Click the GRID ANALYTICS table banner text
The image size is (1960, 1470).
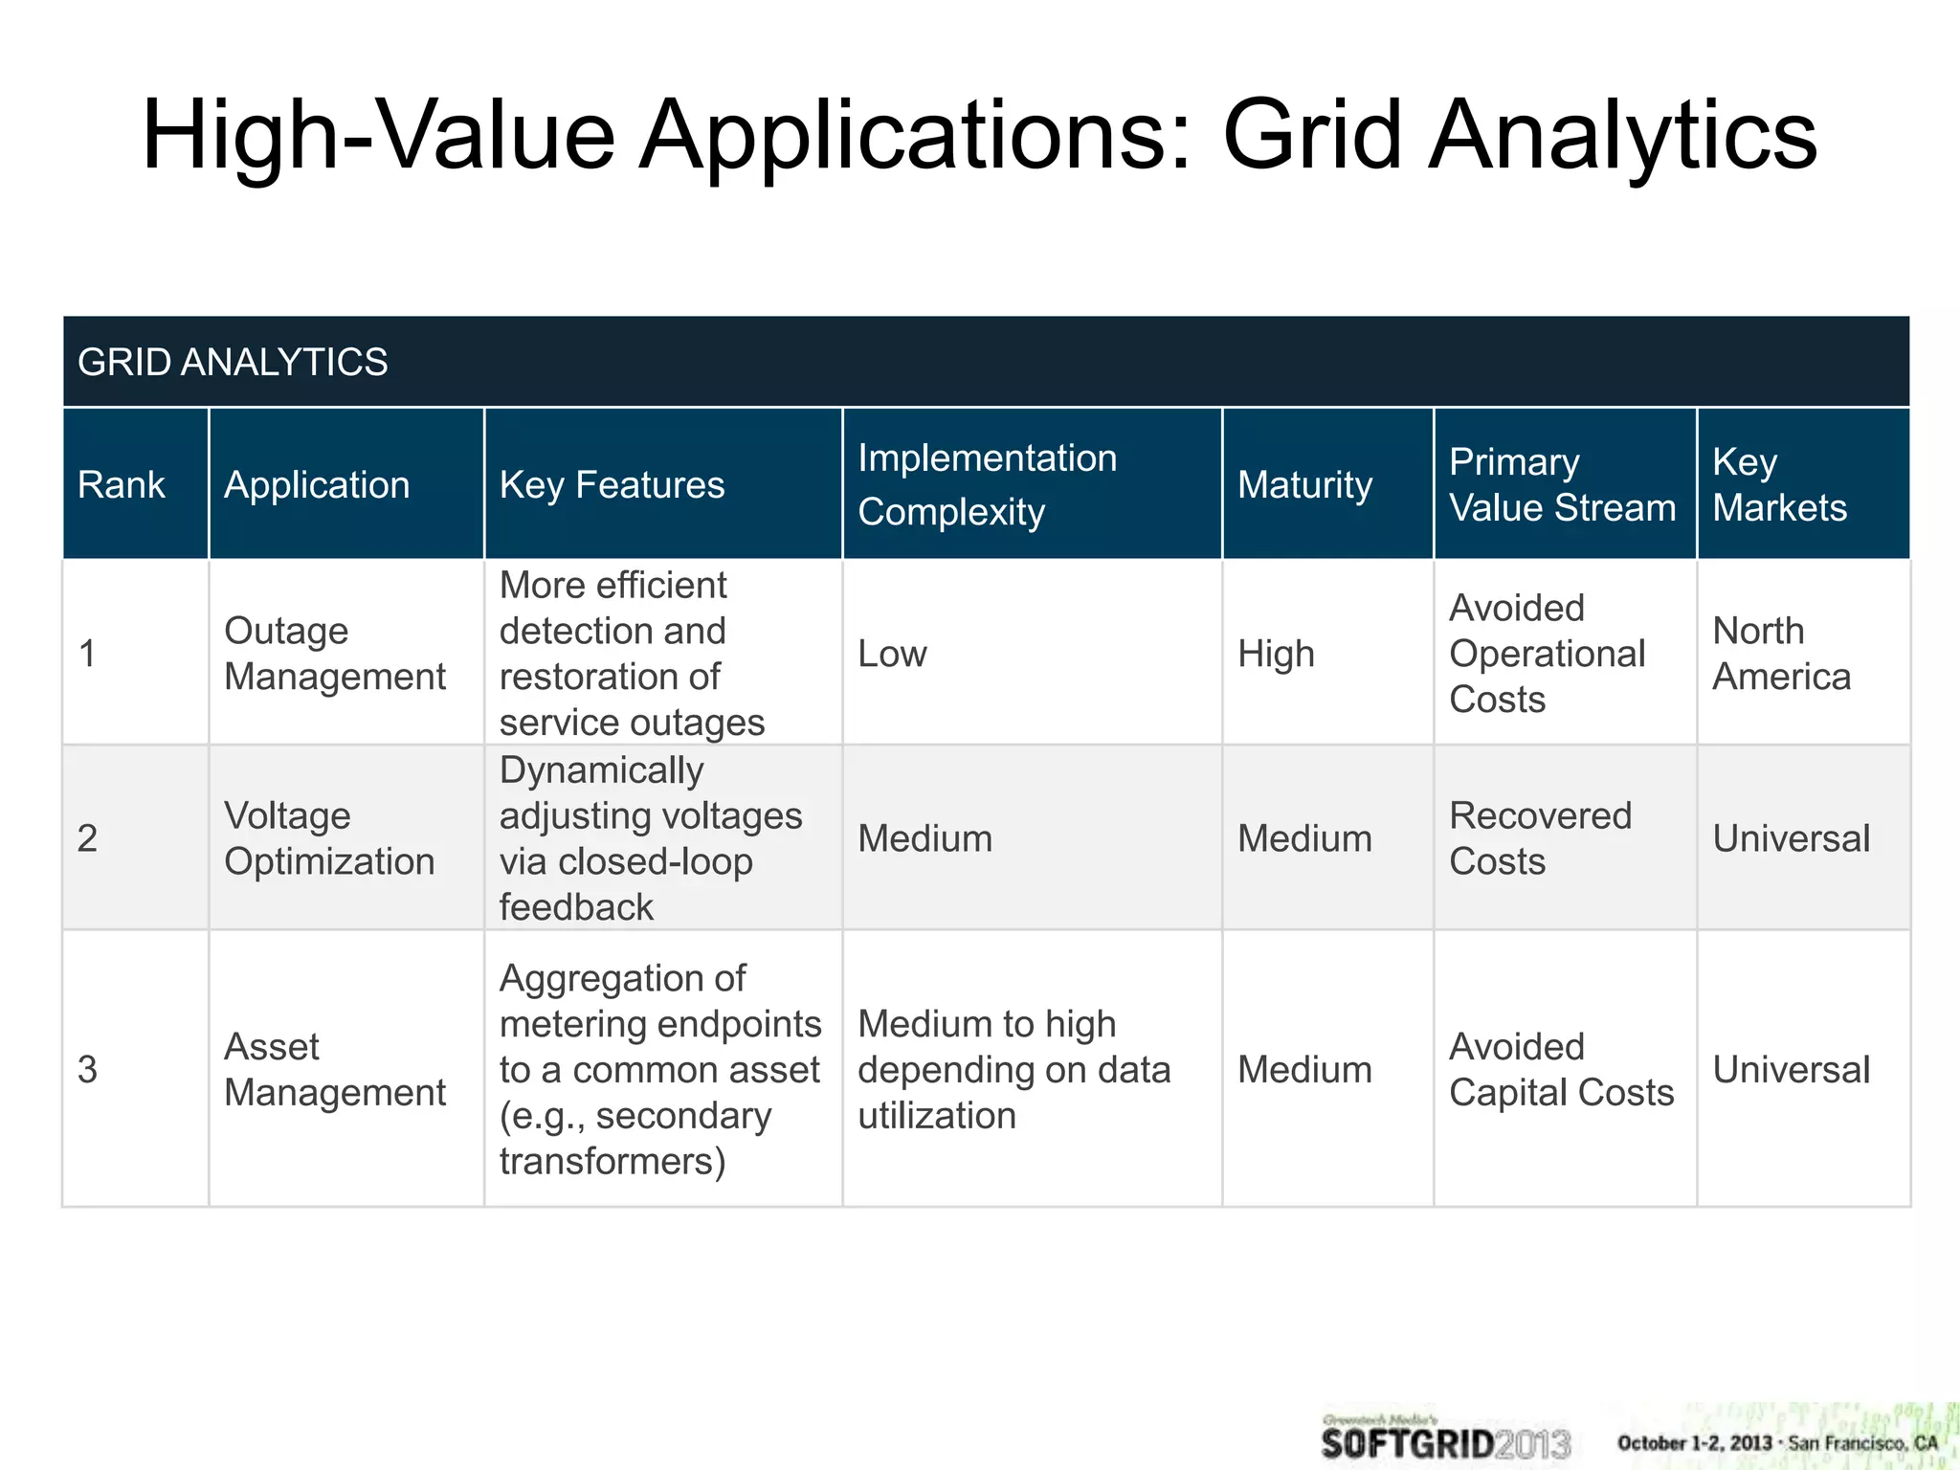233,363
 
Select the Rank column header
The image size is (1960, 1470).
122,485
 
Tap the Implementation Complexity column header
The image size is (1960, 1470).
987,485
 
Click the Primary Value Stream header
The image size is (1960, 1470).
1562,485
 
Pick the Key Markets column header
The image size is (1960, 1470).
1779,485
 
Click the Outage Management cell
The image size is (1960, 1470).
334,654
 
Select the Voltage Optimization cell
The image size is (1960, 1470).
329,838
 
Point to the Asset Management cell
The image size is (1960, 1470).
334,1069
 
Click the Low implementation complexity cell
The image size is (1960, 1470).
892,655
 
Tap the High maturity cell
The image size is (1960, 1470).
1276,655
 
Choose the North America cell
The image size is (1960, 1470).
1781,654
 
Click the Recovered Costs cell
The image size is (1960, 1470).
1540,838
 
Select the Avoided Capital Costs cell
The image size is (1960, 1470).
1561,1069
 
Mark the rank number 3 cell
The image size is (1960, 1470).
88,1069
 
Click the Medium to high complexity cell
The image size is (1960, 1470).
1013,1069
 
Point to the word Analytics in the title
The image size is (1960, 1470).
1622,136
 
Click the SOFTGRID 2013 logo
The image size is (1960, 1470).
1445,1439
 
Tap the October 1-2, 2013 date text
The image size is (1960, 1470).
1694,1443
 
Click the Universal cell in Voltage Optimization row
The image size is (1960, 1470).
1791,839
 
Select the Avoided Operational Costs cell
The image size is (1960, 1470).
1547,654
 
